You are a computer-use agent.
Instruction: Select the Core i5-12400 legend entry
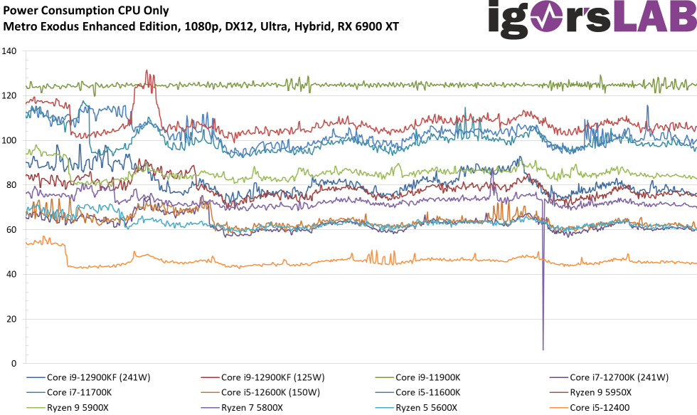coord(600,407)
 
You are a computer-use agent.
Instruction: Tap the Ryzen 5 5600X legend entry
coord(429,407)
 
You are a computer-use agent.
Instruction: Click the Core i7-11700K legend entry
coord(78,392)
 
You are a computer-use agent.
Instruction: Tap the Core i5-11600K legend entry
coord(427,392)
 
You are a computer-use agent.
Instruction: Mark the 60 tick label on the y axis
coord(11,230)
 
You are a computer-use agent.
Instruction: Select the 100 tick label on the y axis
coord(9,140)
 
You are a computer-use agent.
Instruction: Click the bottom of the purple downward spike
coord(543,350)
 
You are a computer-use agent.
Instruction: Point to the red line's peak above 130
coord(147,70)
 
